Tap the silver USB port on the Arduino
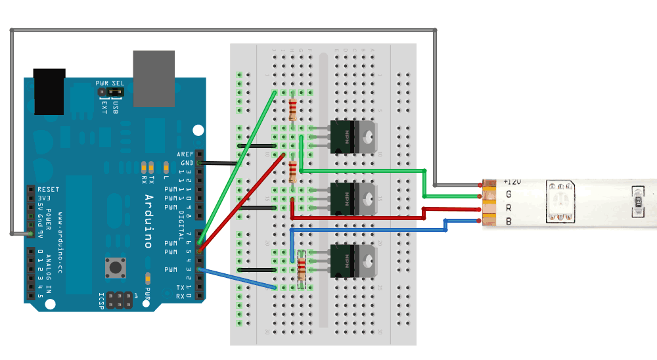pos(154,78)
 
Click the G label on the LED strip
pos(509,194)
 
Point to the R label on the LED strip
pos(509,208)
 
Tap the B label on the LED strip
pos(509,221)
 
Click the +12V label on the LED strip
pos(512,181)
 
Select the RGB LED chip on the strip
pos(560,200)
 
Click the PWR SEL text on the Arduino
pos(110,83)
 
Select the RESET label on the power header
pos(49,189)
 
